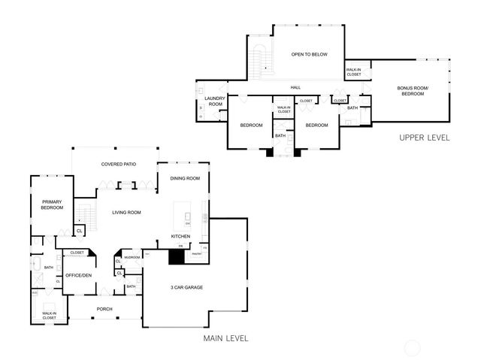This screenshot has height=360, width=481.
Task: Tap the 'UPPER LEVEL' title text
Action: [424, 138]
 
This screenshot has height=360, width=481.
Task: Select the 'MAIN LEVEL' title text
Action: [225, 339]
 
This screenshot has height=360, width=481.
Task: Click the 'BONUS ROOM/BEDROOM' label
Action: [413, 92]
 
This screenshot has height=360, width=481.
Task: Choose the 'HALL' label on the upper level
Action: [295, 88]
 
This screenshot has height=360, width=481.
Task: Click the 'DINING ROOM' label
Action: [185, 178]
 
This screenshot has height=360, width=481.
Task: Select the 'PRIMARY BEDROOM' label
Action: [52, 204]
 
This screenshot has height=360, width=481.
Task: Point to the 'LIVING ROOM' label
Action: [127, 213]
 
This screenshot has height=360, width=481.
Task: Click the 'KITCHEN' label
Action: [180, 237]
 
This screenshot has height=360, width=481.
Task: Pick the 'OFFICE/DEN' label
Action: [78, 276]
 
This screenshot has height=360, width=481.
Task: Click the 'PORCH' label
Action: [104, 309]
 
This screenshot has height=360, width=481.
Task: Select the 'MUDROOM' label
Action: [132, 257]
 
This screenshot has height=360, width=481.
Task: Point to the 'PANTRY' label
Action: [197, 254]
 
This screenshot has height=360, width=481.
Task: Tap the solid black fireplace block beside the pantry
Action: [176, 257]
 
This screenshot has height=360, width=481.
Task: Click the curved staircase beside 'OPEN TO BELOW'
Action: [261, 60]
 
